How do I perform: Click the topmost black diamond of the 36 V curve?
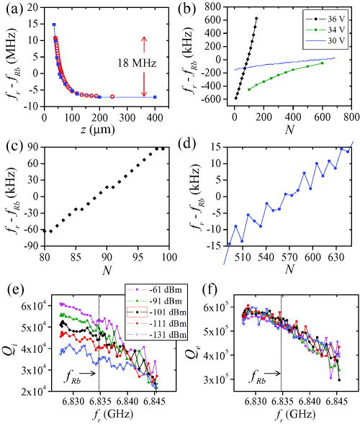coord(256,18)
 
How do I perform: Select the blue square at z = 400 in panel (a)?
coord(155,96)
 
